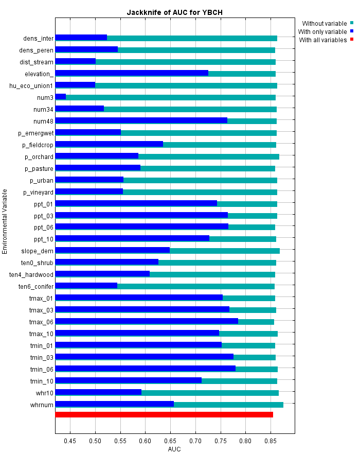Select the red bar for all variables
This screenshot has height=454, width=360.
click(x=164, y=414)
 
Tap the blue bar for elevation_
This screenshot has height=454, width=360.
click(x=132, y=73)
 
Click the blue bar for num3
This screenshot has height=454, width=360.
click(x=61, y=97)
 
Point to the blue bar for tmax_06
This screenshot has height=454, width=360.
click(x=147, y=321)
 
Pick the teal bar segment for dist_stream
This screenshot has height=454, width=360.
click(x=186, y=62)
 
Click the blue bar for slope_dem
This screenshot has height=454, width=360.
click(x=112, y=250)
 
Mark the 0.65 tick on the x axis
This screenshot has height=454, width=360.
click(x=170, y=441)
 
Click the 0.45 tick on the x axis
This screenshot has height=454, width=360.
click(x=70, y=441)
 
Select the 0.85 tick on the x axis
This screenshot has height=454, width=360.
click(x=271, y=441)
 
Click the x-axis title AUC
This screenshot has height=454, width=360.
click(x=174, y=449)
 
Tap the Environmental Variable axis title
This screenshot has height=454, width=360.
click(x=5, y=221)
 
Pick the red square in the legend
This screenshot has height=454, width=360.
click(x=352, y=40)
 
